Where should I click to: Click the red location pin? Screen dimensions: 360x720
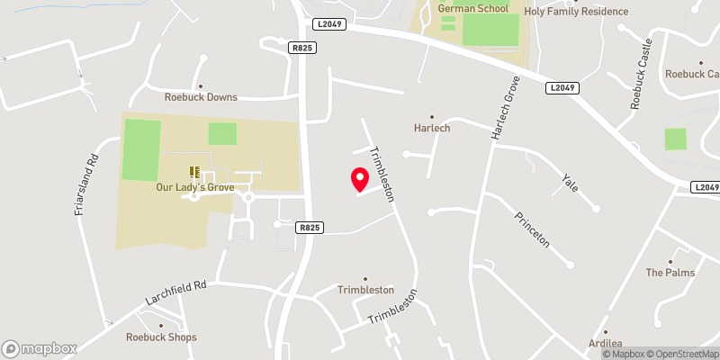pyautogui.click(x=359, y=179)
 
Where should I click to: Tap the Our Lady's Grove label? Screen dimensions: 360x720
pyautogui.click(x=195, y=187)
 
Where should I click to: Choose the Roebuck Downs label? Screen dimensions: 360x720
pyautogui.click(x=201, y=96)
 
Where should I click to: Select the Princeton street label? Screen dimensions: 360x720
pyautogui.click(x=533, y=230)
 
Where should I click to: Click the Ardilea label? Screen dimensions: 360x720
pyautogui.click(x=605, y=343)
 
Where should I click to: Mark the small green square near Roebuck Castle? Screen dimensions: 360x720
pyautogui.click(x=675, y=139)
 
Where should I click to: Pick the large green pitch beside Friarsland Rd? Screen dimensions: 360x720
pyautogui.click(x=141, y=149)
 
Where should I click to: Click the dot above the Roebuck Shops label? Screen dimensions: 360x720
pyautogui.click(x=161, y=326)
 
